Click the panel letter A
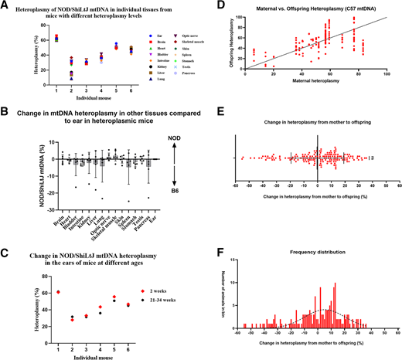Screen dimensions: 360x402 pos(5,6)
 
